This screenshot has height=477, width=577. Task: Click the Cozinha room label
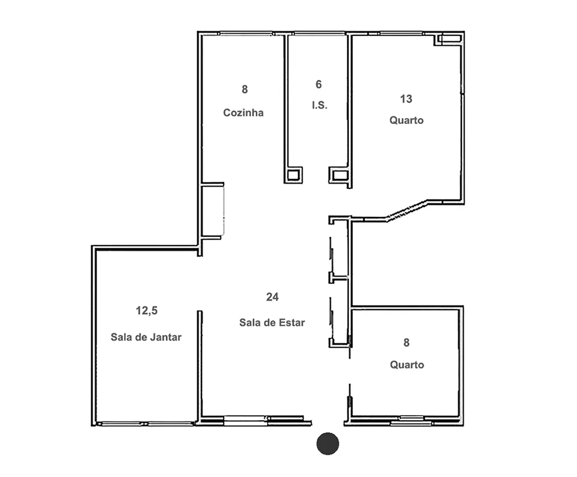click(243, 113)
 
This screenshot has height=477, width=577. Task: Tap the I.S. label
click(319, 106)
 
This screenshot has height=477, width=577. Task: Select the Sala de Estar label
click(272, 323)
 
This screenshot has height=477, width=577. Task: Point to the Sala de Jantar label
click(146, 337)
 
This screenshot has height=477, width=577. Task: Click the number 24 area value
click(272, 297)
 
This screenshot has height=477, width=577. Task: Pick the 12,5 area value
click(147, 311)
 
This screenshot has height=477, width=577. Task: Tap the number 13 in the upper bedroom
click(407, 99)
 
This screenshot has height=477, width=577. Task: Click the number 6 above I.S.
click(319, 85)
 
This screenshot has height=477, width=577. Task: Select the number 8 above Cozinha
click(245, 89)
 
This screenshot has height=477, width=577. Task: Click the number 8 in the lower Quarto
click(407, 343)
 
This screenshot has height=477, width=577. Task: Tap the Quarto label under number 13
click(407, 120)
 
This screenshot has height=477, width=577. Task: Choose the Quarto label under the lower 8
click(407, 365)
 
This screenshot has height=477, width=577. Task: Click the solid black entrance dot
click(327, 444)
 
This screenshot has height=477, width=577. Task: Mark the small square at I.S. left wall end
click(293, 175)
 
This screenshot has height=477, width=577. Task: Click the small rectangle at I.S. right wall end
click(339, 175)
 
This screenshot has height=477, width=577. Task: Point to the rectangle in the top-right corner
click(449, 39)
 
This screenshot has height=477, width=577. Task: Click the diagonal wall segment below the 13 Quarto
click(407, 211)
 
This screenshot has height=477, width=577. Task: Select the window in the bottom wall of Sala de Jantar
click(147, 424)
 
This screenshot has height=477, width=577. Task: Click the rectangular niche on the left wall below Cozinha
click(213, 210)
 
